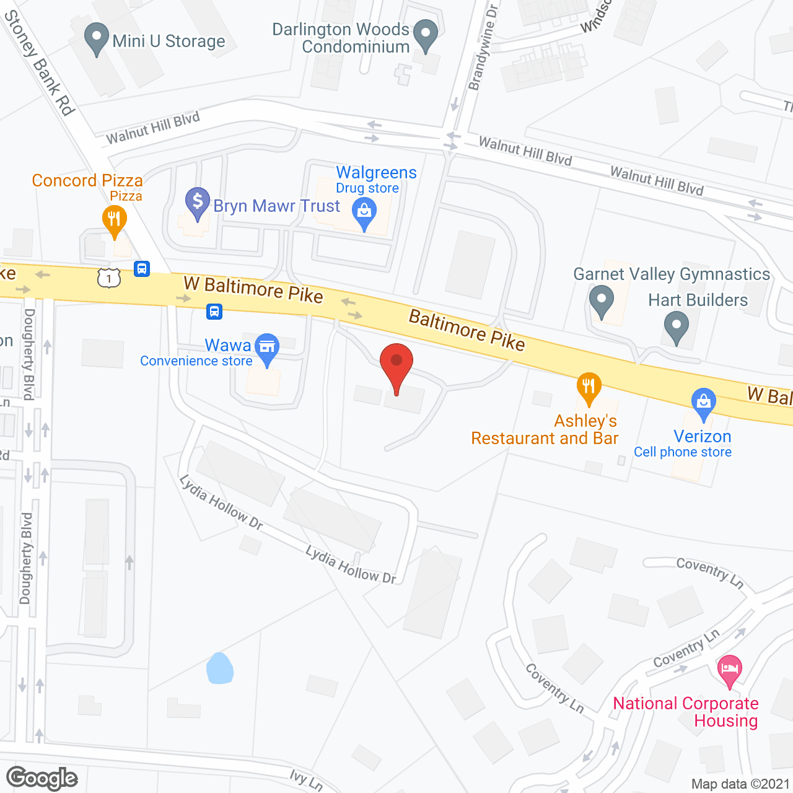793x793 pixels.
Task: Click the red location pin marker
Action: [396, 362]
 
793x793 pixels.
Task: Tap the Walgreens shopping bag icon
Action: [364, 212]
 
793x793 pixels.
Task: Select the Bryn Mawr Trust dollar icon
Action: [198, 201]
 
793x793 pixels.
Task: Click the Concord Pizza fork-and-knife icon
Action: [114, 219]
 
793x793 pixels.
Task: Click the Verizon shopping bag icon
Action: [703, 401]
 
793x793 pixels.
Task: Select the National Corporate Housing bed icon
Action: [730, 668]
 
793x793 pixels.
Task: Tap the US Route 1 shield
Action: [109, 278]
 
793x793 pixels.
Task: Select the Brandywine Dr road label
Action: [484, 47]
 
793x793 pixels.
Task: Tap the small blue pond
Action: [219, 668]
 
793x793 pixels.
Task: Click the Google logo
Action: [42, 778]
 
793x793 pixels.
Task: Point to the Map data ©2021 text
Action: [740, 784]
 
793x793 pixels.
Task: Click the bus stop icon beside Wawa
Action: [214, 311]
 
